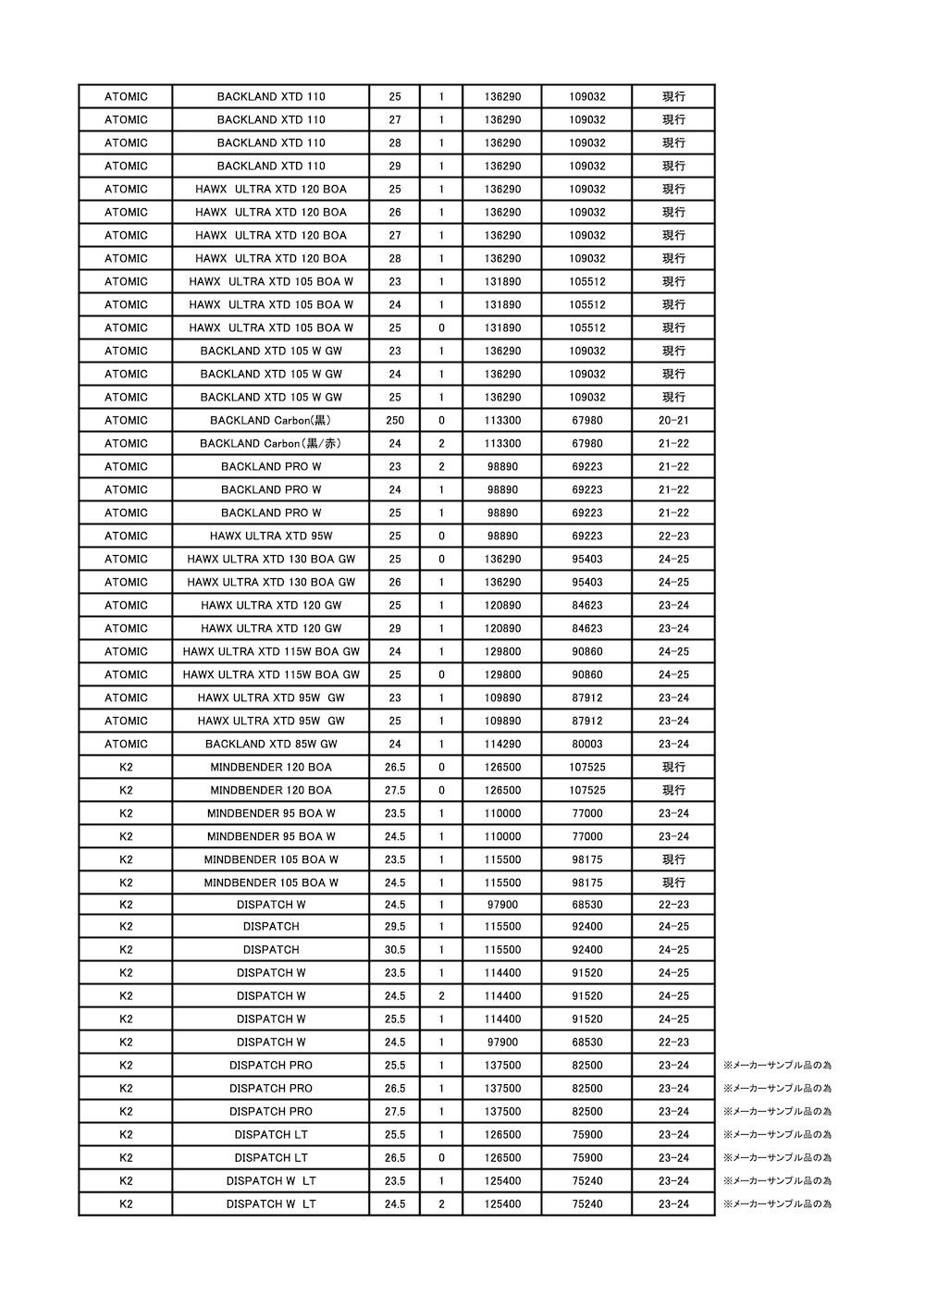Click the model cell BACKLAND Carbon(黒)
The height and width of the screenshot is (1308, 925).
271,420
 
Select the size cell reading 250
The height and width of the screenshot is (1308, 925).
395,420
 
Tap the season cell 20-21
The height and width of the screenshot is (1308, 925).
673,420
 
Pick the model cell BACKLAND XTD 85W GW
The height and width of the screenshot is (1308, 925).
271,744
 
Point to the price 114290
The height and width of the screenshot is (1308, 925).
502,744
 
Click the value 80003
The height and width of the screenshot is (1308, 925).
586,744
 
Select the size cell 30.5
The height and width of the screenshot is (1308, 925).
395,950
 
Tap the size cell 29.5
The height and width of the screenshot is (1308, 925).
395,927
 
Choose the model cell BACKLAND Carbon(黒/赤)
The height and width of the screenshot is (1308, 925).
271,443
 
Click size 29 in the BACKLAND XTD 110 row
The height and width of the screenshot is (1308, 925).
395,166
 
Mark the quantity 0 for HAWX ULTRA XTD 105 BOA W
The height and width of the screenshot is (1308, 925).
441,327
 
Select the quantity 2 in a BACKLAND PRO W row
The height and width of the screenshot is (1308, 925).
441,466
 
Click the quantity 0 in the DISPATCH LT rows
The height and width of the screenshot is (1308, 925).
441,1158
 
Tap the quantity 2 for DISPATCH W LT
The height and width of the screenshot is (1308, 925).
441,1204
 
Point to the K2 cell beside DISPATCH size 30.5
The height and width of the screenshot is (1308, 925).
126,950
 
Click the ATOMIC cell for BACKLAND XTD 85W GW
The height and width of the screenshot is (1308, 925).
126,744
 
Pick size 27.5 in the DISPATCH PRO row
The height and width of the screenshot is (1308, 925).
395,1112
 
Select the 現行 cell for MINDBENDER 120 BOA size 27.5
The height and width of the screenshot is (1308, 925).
673,790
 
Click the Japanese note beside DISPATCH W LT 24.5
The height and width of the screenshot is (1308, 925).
777,1204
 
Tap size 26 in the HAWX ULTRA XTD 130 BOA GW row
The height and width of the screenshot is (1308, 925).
395,582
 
